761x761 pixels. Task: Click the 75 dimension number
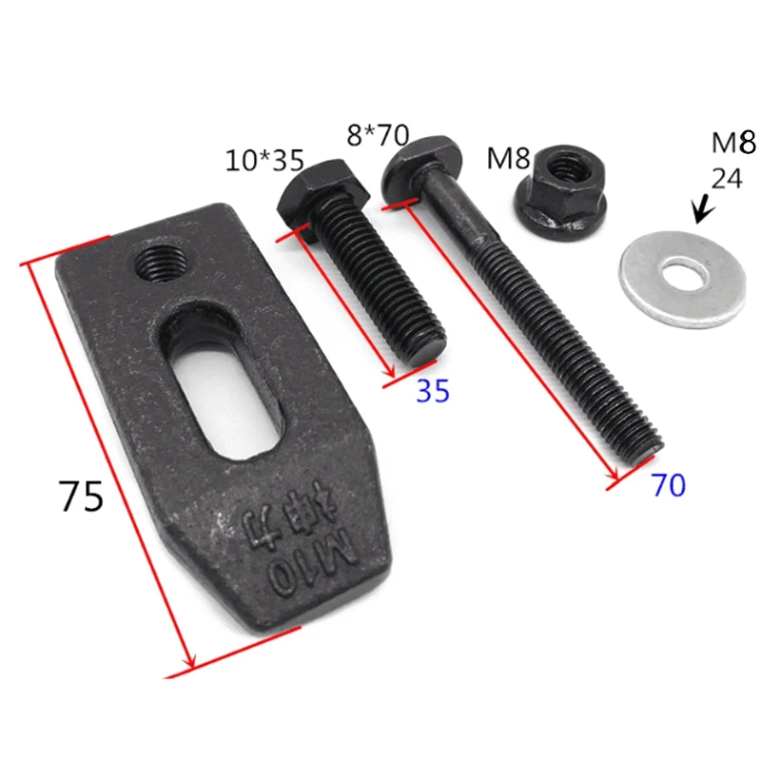click(81, 496)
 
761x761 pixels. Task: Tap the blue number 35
click(433, 390)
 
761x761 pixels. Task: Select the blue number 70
click(669, 484)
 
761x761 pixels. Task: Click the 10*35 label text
click(264, 161)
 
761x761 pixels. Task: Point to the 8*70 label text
click(378, 134)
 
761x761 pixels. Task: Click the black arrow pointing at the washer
click(704, 209)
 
